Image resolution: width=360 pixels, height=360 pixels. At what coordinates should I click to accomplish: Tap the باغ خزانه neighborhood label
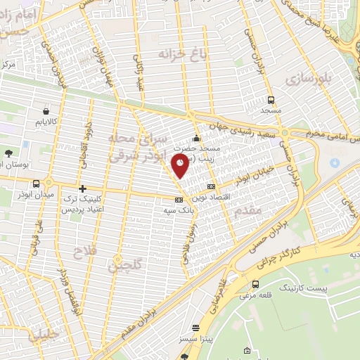pos(174,53)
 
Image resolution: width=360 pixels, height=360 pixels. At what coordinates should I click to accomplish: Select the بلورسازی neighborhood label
pos(308,80)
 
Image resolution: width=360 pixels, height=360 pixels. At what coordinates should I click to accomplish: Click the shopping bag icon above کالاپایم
pos(46,110)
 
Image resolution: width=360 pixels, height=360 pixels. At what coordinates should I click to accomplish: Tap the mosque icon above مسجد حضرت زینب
pos(196,137)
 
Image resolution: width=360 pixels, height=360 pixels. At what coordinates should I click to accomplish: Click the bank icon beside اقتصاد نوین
pos(212,186)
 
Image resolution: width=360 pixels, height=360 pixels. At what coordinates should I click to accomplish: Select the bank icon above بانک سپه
pos(179,200)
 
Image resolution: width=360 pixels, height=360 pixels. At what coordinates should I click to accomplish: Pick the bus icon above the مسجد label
pos(271,100)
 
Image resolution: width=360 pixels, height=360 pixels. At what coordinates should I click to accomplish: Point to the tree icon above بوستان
pos(8,153)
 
